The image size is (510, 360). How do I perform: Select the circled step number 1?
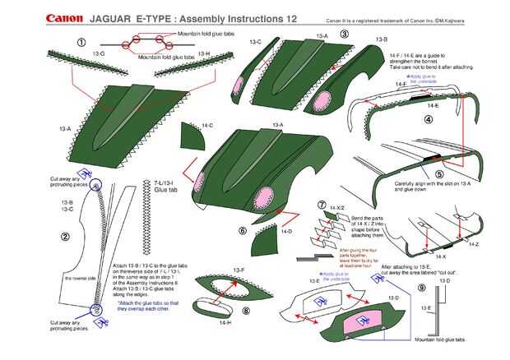tap(81, 41)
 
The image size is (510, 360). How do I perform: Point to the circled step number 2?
tap(65, 238)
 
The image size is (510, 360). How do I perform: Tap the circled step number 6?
tap(243, 231)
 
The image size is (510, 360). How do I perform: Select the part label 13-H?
tap(204, 53)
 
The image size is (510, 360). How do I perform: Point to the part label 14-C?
tap(207, 125)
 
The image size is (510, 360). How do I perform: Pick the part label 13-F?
tap(239, 270)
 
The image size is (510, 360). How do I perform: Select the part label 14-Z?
tap(474, 244)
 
